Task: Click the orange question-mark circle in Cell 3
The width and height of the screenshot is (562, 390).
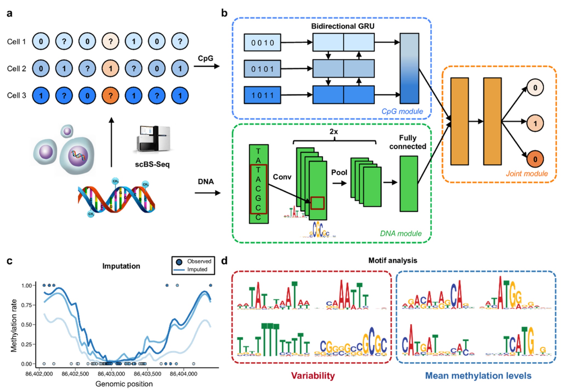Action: pyautogui.click(x=110, y=95)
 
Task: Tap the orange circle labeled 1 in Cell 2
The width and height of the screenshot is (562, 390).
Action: pyautogui.click(x=110, y=68)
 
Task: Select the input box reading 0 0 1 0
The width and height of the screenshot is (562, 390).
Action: pyautogui.click(x=262, y=43)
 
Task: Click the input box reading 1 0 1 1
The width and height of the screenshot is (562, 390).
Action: pyautogui.click(x=262, y=95)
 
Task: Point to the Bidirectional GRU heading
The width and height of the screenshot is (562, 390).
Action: pyautogui.click(x=343, y=26)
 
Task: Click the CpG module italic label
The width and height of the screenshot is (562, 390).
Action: pyautogui.click(x=402, y=111)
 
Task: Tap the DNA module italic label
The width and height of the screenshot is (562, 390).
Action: pyautogui.click(x=401, y=233)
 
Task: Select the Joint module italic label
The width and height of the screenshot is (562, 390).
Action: pyautogui.click(x=526, y=174)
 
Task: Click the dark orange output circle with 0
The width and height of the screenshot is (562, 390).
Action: pyautogui.click(x=535, y=159)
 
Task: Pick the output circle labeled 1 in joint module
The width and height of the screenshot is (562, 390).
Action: pyautogui.click(x=535, y=123)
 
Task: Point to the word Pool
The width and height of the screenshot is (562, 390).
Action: pyautogui.click(x=339, y=173)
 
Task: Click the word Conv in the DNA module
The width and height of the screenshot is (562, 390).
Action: pyautogui.click(x=282, y=177)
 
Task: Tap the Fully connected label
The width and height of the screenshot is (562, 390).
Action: pyautogui.click(x=408, y=142)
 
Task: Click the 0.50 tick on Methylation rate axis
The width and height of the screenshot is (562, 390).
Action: pyautogui.click(x=27, y=325)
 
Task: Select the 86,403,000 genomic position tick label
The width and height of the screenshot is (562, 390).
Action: pyautogui.click(x=111, y=374)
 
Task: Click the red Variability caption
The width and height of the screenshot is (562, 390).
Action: pyautogui.click(x=313, y=376)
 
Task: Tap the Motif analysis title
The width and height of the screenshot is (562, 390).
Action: pyautogui.click(x=392, y=261)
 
